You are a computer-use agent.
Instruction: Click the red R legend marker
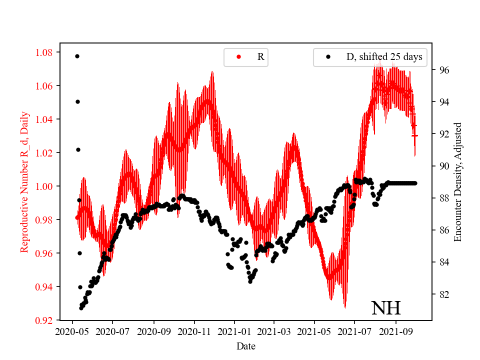[238, 57]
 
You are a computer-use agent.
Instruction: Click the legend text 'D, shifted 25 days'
[384, 57]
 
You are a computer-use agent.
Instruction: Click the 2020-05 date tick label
[72, 331]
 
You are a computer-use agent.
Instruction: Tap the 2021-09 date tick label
[396, 331]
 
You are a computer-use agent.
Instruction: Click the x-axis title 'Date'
[246, 345]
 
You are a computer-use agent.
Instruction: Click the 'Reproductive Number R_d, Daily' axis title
[24, 182]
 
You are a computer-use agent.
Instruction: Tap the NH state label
[385, 308]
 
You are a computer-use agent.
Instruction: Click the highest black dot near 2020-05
[77, 56]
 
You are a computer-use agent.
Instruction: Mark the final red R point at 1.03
[414, 135]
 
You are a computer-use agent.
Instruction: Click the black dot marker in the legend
[328, 57]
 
